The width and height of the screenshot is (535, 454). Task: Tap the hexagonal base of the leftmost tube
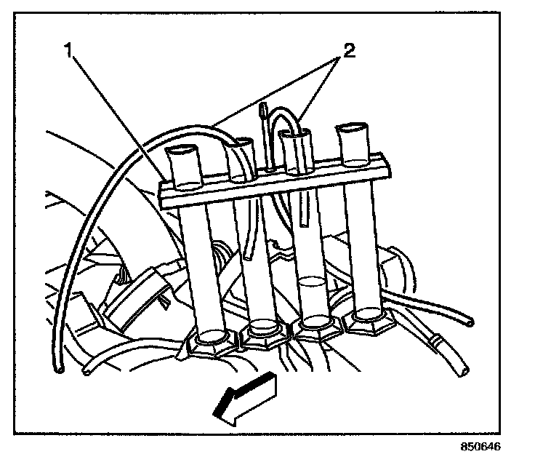(x=211, y=340)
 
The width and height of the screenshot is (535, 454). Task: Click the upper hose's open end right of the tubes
(x=472, y=321)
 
